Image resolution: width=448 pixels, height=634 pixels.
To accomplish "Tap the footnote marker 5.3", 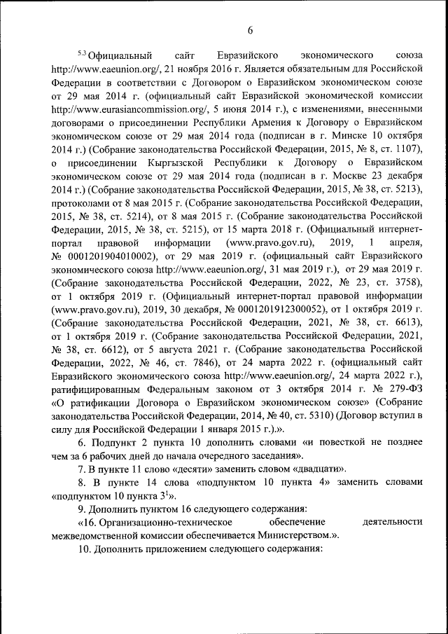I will [80, 53].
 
